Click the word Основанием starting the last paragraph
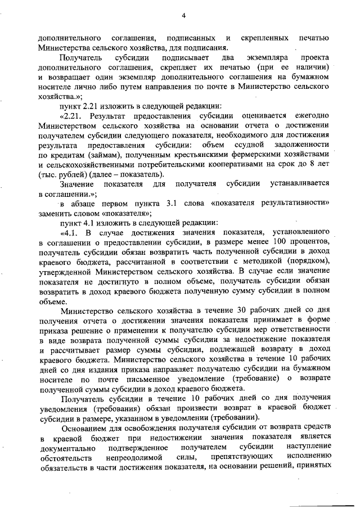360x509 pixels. pyautogui.click(x=83, y=427)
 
